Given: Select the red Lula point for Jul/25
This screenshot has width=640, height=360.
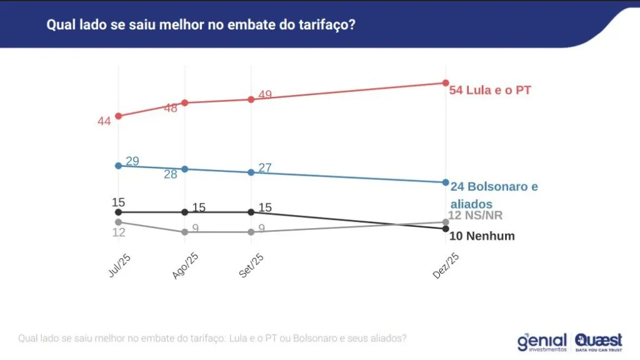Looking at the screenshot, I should click(118, 116).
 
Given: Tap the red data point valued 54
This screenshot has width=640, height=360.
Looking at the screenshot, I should click(446, 82).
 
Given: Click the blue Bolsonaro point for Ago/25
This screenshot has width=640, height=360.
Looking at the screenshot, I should click(184, 169).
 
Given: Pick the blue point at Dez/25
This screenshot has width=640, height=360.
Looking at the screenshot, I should click(446, 182).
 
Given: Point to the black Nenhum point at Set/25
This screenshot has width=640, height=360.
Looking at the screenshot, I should click(251, 212).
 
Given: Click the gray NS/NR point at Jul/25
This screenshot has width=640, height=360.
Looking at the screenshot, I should click(118, 222).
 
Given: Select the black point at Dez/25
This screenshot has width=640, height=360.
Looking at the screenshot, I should click(446, 229).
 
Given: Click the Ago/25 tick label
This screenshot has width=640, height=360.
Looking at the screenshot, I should click(186, 267).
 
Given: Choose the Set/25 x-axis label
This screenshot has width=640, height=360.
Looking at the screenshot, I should click(252, 267).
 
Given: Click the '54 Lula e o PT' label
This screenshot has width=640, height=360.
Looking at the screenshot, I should click(490, 90).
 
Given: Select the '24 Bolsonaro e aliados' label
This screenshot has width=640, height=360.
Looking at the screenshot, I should click(493, 194).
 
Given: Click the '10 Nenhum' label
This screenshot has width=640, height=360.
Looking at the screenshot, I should click(482, 236).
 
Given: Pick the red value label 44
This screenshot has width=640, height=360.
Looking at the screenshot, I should click(104, 121).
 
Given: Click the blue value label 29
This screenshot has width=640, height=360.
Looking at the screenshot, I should click(132, 161).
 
